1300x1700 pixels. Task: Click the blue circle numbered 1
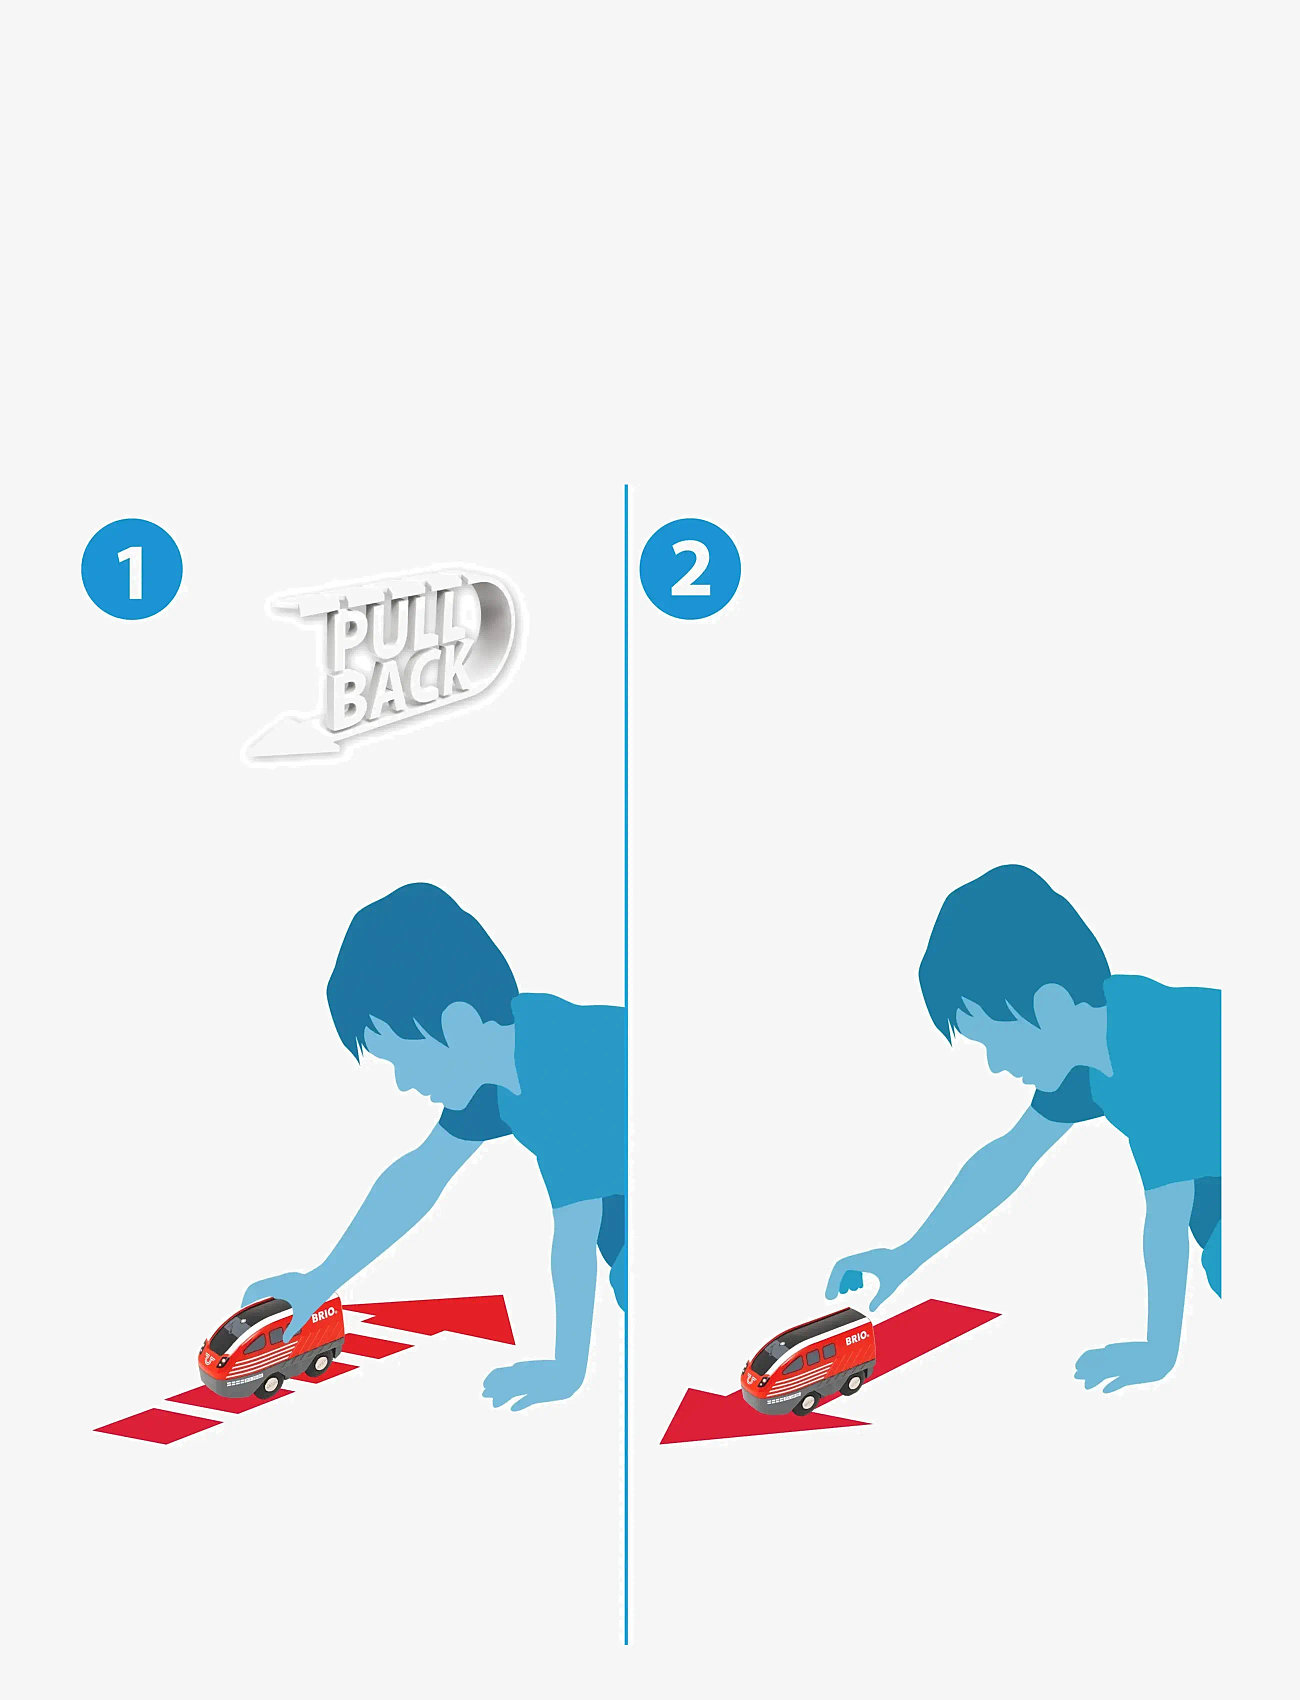pyautogui.click(x=132, y=569)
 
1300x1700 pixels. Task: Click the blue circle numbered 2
pyautogui.click(x=690, y=569)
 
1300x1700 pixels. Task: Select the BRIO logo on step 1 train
pyautogui.click(x=325, y=1315)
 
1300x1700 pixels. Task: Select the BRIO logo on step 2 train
pyautogui.click(x=857, y=1338)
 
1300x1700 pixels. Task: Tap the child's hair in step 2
pyautogui.click(x=1010, y=945)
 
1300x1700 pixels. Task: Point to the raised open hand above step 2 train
pyautogui.click(x=857, y=1277)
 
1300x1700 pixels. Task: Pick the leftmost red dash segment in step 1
pyautogui.click(x=158, y=1425)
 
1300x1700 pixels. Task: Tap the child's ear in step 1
pyautogui.click(x=462, y=1025)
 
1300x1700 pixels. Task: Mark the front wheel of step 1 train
pyautogui.click(x=270, y=1384)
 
